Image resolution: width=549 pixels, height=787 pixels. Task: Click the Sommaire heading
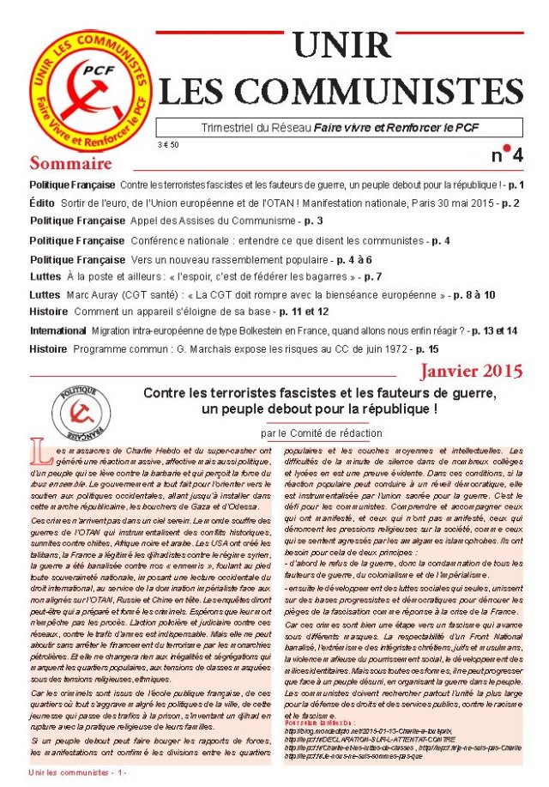70,162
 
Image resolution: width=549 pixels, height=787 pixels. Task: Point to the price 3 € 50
168,145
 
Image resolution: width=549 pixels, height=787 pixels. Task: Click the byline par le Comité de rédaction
321,433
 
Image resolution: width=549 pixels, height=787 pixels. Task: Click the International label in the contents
57,330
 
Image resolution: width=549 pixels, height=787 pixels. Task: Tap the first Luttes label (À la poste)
45,275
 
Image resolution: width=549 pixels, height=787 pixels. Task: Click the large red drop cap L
37,450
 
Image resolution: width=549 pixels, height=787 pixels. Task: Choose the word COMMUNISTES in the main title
341,88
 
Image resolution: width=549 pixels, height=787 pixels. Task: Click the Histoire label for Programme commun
48,349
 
